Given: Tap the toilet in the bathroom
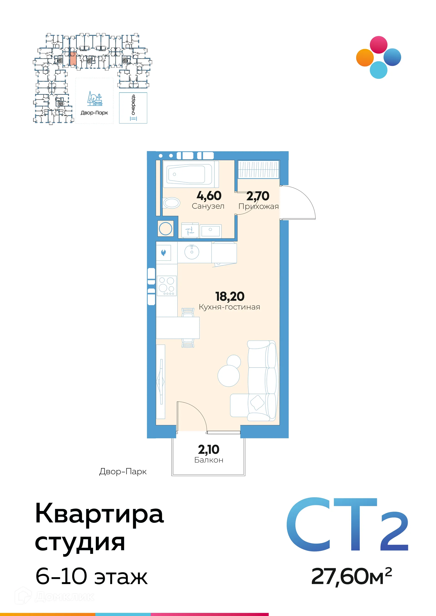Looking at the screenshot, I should pos(171,203).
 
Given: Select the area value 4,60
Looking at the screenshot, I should pos(209,196).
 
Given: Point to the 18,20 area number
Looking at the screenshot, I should pos(230,297).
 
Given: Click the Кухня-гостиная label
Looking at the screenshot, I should pos(230,307).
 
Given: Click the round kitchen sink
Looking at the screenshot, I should pos(192,252).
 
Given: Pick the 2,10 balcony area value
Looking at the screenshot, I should pos(209,449).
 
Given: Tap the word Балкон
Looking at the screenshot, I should pos(209,460).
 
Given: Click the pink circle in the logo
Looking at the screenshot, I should pos(379,45).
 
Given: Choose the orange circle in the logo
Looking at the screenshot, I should pos(365,57).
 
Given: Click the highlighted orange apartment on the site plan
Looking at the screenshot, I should pos(73,59).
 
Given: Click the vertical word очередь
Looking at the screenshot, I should pos(133,105).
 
